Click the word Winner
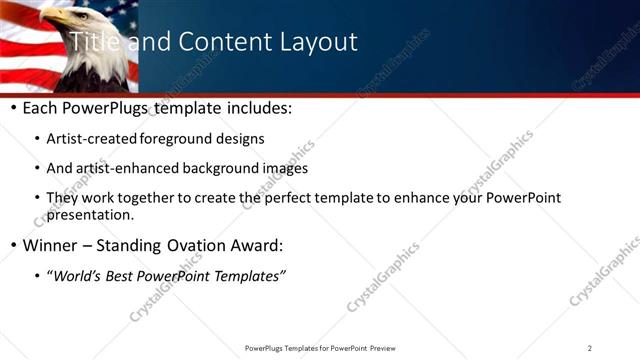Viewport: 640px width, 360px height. pos(50,245)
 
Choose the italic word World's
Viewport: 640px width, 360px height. pos(79,275)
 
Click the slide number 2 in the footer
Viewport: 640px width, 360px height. pos(590,348)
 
